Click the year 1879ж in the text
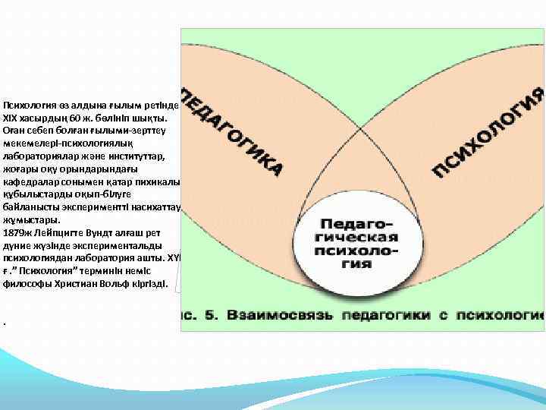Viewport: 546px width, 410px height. [x=17, y=233]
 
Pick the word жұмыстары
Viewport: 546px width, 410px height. [x=28, y=220]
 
